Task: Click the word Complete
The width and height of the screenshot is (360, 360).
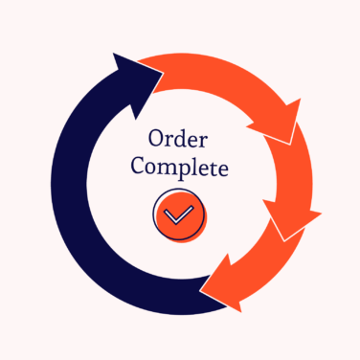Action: click(x=179, y=169)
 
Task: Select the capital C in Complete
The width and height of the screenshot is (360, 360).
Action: click(x=138, y=168)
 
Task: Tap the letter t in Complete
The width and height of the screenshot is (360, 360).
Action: click(x=213, y=169)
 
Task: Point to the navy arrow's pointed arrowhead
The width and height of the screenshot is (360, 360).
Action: click(x=130, y=72)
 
